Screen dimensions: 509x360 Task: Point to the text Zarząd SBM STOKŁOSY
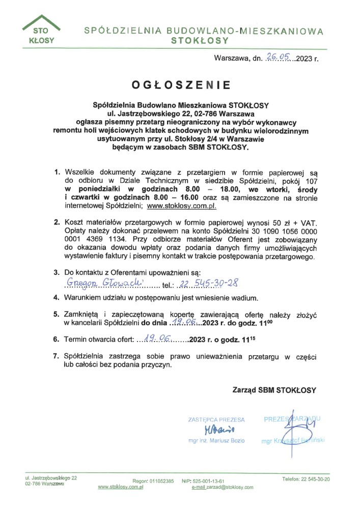[x=274, y=390]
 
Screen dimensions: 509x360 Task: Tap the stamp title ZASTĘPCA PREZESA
[x=216, y=420]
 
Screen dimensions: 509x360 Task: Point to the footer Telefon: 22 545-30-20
[x=306, y=479]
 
